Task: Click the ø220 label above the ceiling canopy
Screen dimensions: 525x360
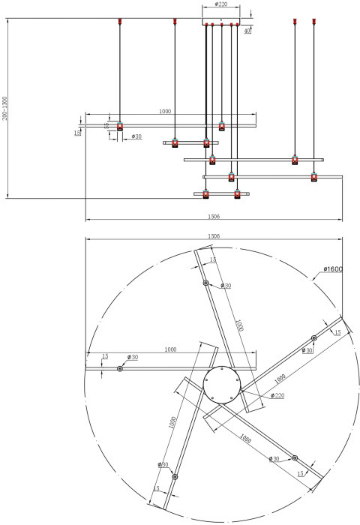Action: coord(220,4)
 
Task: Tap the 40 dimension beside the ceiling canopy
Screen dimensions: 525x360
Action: coord(247,31)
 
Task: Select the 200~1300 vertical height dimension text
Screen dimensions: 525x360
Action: coord(4,109)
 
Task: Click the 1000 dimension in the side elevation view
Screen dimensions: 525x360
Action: coord(165,111)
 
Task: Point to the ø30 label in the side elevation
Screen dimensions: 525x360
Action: coord(137,136)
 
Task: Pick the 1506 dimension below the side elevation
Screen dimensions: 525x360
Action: coord(214,215)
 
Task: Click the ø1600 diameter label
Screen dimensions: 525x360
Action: coord(333,269)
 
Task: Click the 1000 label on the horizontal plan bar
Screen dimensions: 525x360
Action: coord(171,349)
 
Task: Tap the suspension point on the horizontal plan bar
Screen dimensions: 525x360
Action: coord(120,368)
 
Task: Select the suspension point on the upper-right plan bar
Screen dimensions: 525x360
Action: coord(313,339)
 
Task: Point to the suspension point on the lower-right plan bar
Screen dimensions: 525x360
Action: coord(295,457)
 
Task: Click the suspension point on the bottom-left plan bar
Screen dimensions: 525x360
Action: coord(175,477)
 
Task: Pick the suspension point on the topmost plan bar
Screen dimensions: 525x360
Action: coord(205,283)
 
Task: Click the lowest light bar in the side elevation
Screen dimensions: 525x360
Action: coord(221,194)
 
